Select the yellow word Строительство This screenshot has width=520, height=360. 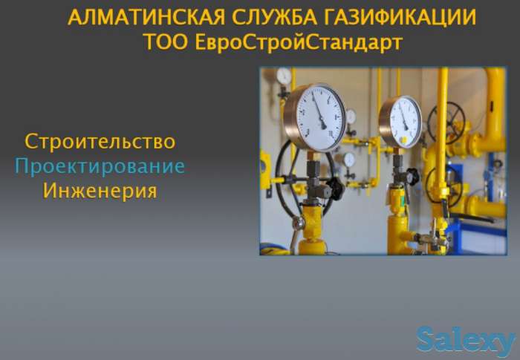point(100,140)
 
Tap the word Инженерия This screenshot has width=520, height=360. point(100,190)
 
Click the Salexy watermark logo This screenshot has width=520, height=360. point(465,341)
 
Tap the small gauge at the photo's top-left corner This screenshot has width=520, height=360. point(284,76)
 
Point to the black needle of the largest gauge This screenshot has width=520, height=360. point(319,113)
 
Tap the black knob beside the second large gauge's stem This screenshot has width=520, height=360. point(412,177)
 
